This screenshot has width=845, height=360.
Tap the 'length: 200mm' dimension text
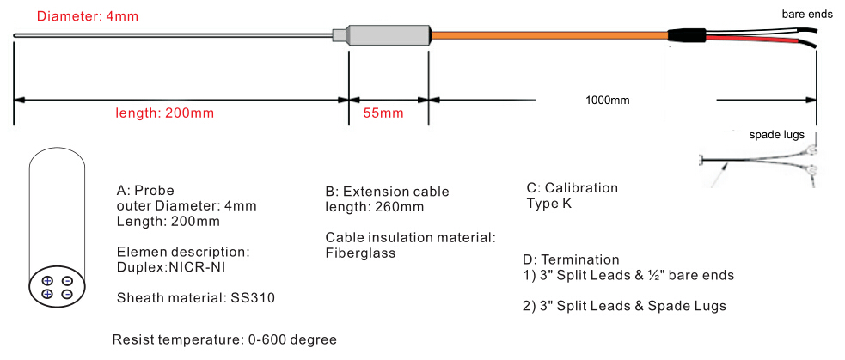click(x=165, y=113)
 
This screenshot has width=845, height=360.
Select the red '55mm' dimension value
click(x=383, y=113)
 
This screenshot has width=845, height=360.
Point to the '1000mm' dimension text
click(x=608, y=100)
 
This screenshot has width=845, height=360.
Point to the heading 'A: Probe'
click(x=145, y=191)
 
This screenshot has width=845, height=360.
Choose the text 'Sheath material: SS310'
click(x=195, y=298)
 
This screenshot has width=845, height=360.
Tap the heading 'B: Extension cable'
click(x=387, y=192)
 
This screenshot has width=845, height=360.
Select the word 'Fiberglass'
click(x=361, y=253)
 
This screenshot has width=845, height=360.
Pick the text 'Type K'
click(x=548, y=204)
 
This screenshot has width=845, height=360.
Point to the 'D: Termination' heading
click(x=571, y=259)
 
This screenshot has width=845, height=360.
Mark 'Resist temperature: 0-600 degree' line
click(x=224, y=339)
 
